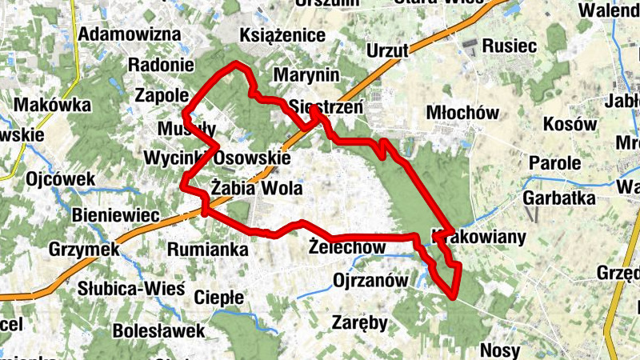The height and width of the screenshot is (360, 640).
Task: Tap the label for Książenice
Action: (282, 35)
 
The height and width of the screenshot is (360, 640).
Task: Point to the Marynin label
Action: (306, 75)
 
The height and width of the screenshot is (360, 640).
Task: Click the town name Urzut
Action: (387, 51)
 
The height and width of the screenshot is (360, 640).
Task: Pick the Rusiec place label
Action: (510, 46)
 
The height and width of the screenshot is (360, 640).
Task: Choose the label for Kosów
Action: (570, 125)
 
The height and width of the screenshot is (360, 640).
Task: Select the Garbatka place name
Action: (558, 198)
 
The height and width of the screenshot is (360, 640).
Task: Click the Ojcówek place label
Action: (60, 178)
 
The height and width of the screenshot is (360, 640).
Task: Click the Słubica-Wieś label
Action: (132, 288)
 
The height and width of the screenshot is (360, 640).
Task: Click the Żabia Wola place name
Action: (256, 189)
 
